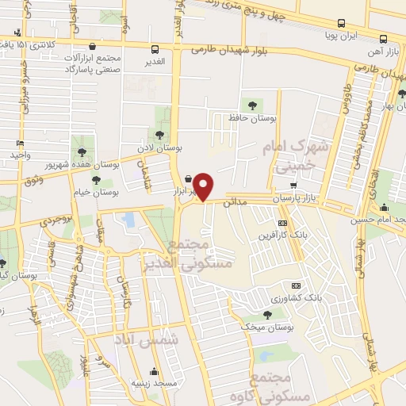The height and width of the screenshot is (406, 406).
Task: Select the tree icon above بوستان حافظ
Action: point(253,105)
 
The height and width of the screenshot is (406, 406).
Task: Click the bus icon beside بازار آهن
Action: point(384,39)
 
